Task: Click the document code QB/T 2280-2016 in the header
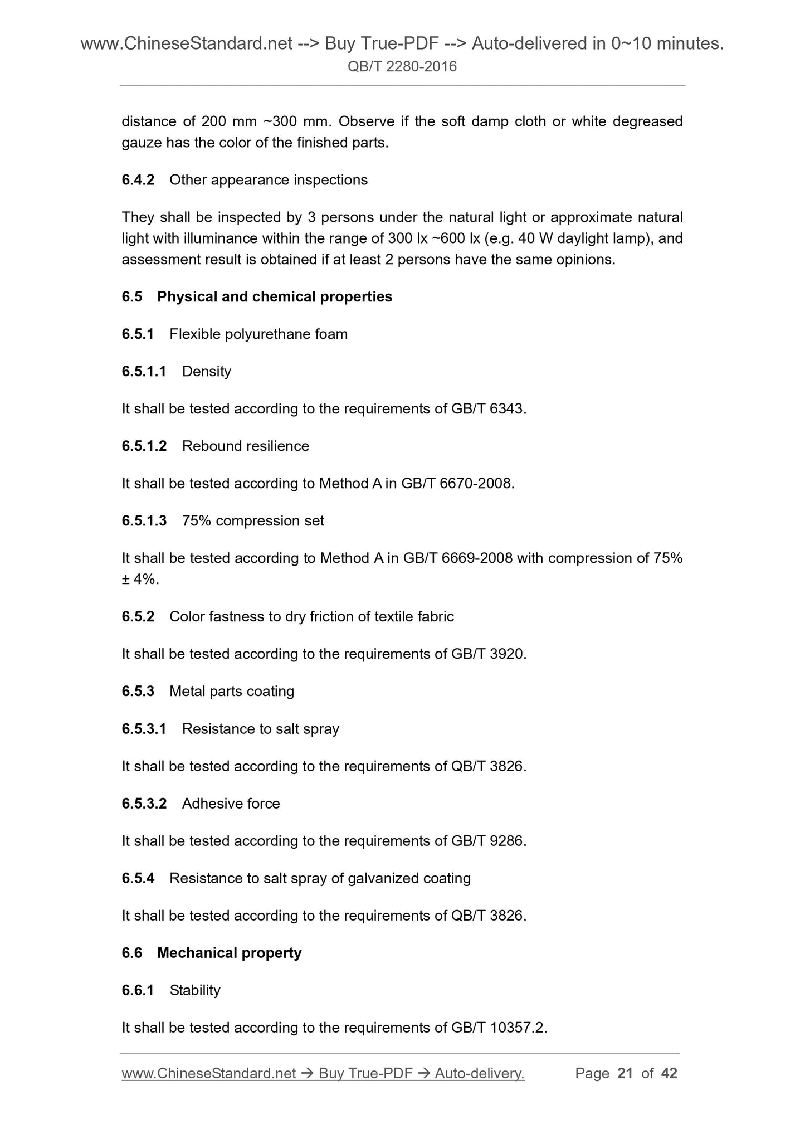coord(402,67)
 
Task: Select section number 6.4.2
coord(138,180)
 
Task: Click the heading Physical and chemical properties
coord(275,296)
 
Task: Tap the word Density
coord(206,371)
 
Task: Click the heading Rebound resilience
coord(245,446)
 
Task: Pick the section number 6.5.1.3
coord(144,520)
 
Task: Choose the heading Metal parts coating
coord(232,691)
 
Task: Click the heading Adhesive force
coord(231,803)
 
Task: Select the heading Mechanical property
coord(229,952)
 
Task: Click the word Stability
coord(195,990)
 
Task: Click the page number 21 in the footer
coord(625,1073)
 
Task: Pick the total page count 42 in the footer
coord(669,1073)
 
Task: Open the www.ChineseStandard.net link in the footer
coord(208,1073)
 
